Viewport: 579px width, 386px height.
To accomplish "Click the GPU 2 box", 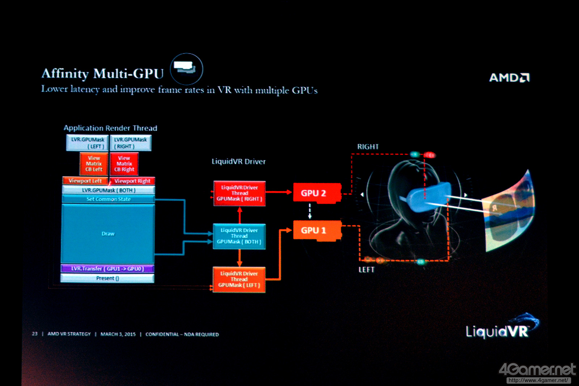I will pyautogui.click(x=317, y=193).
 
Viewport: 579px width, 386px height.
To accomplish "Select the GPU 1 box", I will pyautogui.click(x=317, y=230).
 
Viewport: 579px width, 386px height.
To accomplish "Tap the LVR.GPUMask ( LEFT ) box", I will pyautogui.click(x=88, y=143).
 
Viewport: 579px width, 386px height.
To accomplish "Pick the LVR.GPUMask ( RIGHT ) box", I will pyautogui.click(x=130, y=143).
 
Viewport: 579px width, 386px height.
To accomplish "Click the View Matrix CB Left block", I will pyautogui.click(x=94, y=164).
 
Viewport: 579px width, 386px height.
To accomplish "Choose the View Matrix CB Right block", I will pyautogui.click(x=124, y=164).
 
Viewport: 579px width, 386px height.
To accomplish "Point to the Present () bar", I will pyautogui.click(x=107, y=278).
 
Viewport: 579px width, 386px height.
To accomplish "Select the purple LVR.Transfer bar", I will pyautogui.click(x=107, y=269).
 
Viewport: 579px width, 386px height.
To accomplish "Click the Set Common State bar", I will pyautogui.click(x=108, y=199).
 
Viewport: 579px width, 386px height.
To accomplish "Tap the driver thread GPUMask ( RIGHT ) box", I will pyautogui.click(x=239, y=194).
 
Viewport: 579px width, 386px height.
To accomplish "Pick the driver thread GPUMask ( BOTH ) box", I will pyautogui.click(x=239, y=236).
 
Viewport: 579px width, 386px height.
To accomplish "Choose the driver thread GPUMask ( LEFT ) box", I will pyautogui.click(x=239, y=280).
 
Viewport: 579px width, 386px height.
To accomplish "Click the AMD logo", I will pyautogui.click(x=509, y=77).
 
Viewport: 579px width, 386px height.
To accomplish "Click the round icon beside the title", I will pyautogui.click(x=186, y=69).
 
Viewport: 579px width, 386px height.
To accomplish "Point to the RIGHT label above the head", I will pyautogui.click(x=368, y=147).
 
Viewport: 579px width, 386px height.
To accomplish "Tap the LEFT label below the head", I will pyautogui.click(x=366, y=270).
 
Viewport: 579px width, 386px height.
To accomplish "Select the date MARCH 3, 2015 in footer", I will pyautogui.click(x=118, y=334).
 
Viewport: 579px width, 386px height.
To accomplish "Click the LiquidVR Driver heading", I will pyautogui.click(x=238, y=162).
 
